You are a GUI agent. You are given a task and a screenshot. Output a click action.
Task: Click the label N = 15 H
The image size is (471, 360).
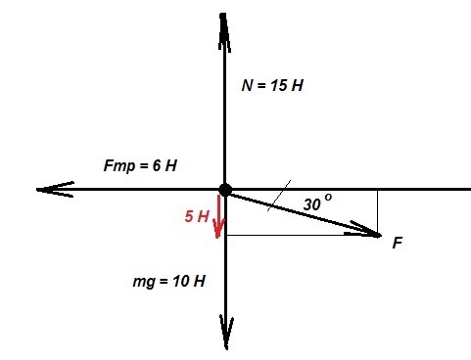pyautogui.click(x=272, y=86)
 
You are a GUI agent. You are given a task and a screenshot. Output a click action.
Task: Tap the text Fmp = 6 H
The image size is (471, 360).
pyautogui.click(x=140, y=165)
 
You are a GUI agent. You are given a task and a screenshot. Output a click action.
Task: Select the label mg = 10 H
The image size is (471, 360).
pyautogui.click(x=169, y=281)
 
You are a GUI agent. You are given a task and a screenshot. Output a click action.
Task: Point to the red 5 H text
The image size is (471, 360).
pyautogui.click(x=197, y=216)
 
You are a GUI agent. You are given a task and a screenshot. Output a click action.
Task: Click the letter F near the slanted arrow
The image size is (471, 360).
pyautogui.click(x=398, y=243)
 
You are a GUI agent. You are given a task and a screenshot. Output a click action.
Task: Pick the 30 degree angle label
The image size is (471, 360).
pyautogui.click(x=317, y=202)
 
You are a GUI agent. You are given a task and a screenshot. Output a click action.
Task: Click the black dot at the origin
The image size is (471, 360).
pyautogui.click(x=225, y=190)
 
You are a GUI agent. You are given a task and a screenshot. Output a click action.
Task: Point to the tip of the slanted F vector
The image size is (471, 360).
pyautogui.click(x=381, y=235)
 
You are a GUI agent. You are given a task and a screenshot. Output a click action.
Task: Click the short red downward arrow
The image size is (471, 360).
pyautogui.click(x=218, y=216)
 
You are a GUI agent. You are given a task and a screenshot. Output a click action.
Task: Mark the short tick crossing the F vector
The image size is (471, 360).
pyautogui.click(x=279, y=196)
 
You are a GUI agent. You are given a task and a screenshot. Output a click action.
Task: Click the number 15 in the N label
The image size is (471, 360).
pyautogui.click(x=279, y=86)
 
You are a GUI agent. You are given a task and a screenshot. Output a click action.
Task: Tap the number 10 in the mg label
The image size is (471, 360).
pyautogui.click(x=181, y=281)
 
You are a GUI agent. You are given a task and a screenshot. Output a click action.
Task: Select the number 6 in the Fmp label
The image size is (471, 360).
pyautogui.click(x=157, y=165)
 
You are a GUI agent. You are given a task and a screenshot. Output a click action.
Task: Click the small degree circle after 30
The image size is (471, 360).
pyautogui.click(x=328, y=198)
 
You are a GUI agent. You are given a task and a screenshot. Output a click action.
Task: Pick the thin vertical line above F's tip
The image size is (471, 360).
pyautogui.click(x=378, y=212)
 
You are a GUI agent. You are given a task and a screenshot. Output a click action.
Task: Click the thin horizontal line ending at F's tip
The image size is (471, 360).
pyautogui.click(x=302, y=235)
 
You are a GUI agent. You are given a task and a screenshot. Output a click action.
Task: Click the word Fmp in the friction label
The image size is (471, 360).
pyautogui.click(x=119, y=166)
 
